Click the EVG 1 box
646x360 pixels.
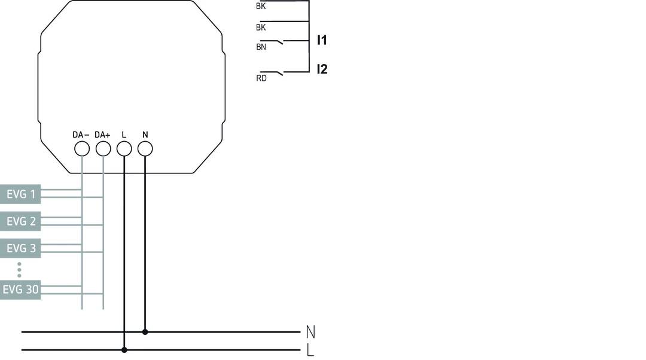20,194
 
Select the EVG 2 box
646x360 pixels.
20,221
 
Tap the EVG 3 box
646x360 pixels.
20,248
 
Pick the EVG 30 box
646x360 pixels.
20,290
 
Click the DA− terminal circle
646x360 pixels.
82,148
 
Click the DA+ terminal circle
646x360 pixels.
103,148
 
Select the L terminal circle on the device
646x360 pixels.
124,148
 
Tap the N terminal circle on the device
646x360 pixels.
145,148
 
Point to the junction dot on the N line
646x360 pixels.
145,331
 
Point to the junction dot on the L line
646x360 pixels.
124,350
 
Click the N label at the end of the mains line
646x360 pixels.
310,332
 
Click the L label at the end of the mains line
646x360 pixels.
310,350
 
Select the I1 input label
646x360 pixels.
322,41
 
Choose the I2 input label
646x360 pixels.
322,69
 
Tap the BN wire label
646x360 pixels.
261,47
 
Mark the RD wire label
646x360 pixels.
261,78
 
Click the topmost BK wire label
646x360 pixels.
261,7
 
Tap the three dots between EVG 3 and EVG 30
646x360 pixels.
19,269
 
